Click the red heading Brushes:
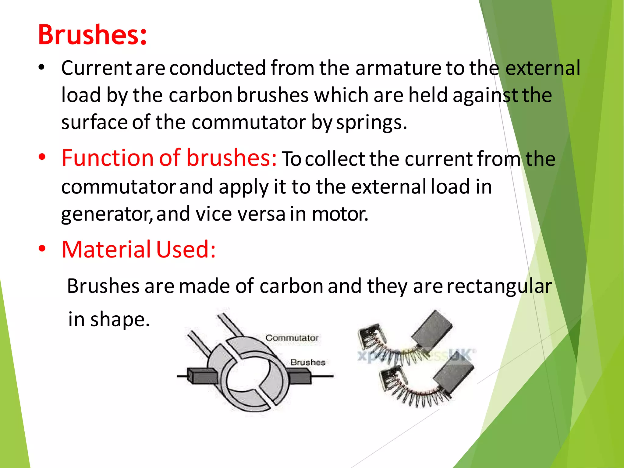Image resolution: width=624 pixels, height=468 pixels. (92, 35)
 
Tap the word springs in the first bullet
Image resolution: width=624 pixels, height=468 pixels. (371, 122)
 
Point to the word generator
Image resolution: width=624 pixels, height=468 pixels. (107, 214)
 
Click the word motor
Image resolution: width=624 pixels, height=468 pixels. (340, 214)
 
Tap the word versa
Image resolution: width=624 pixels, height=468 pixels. (261, 214)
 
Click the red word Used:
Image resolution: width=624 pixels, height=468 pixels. (186, 249)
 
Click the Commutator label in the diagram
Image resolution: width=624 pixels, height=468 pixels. (292, 338)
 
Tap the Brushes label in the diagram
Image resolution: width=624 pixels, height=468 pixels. (308, 362)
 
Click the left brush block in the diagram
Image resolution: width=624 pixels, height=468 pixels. (203, 376)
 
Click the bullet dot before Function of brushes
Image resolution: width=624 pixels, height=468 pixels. (42, 157)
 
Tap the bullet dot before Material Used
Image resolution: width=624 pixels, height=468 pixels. (42, 249)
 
